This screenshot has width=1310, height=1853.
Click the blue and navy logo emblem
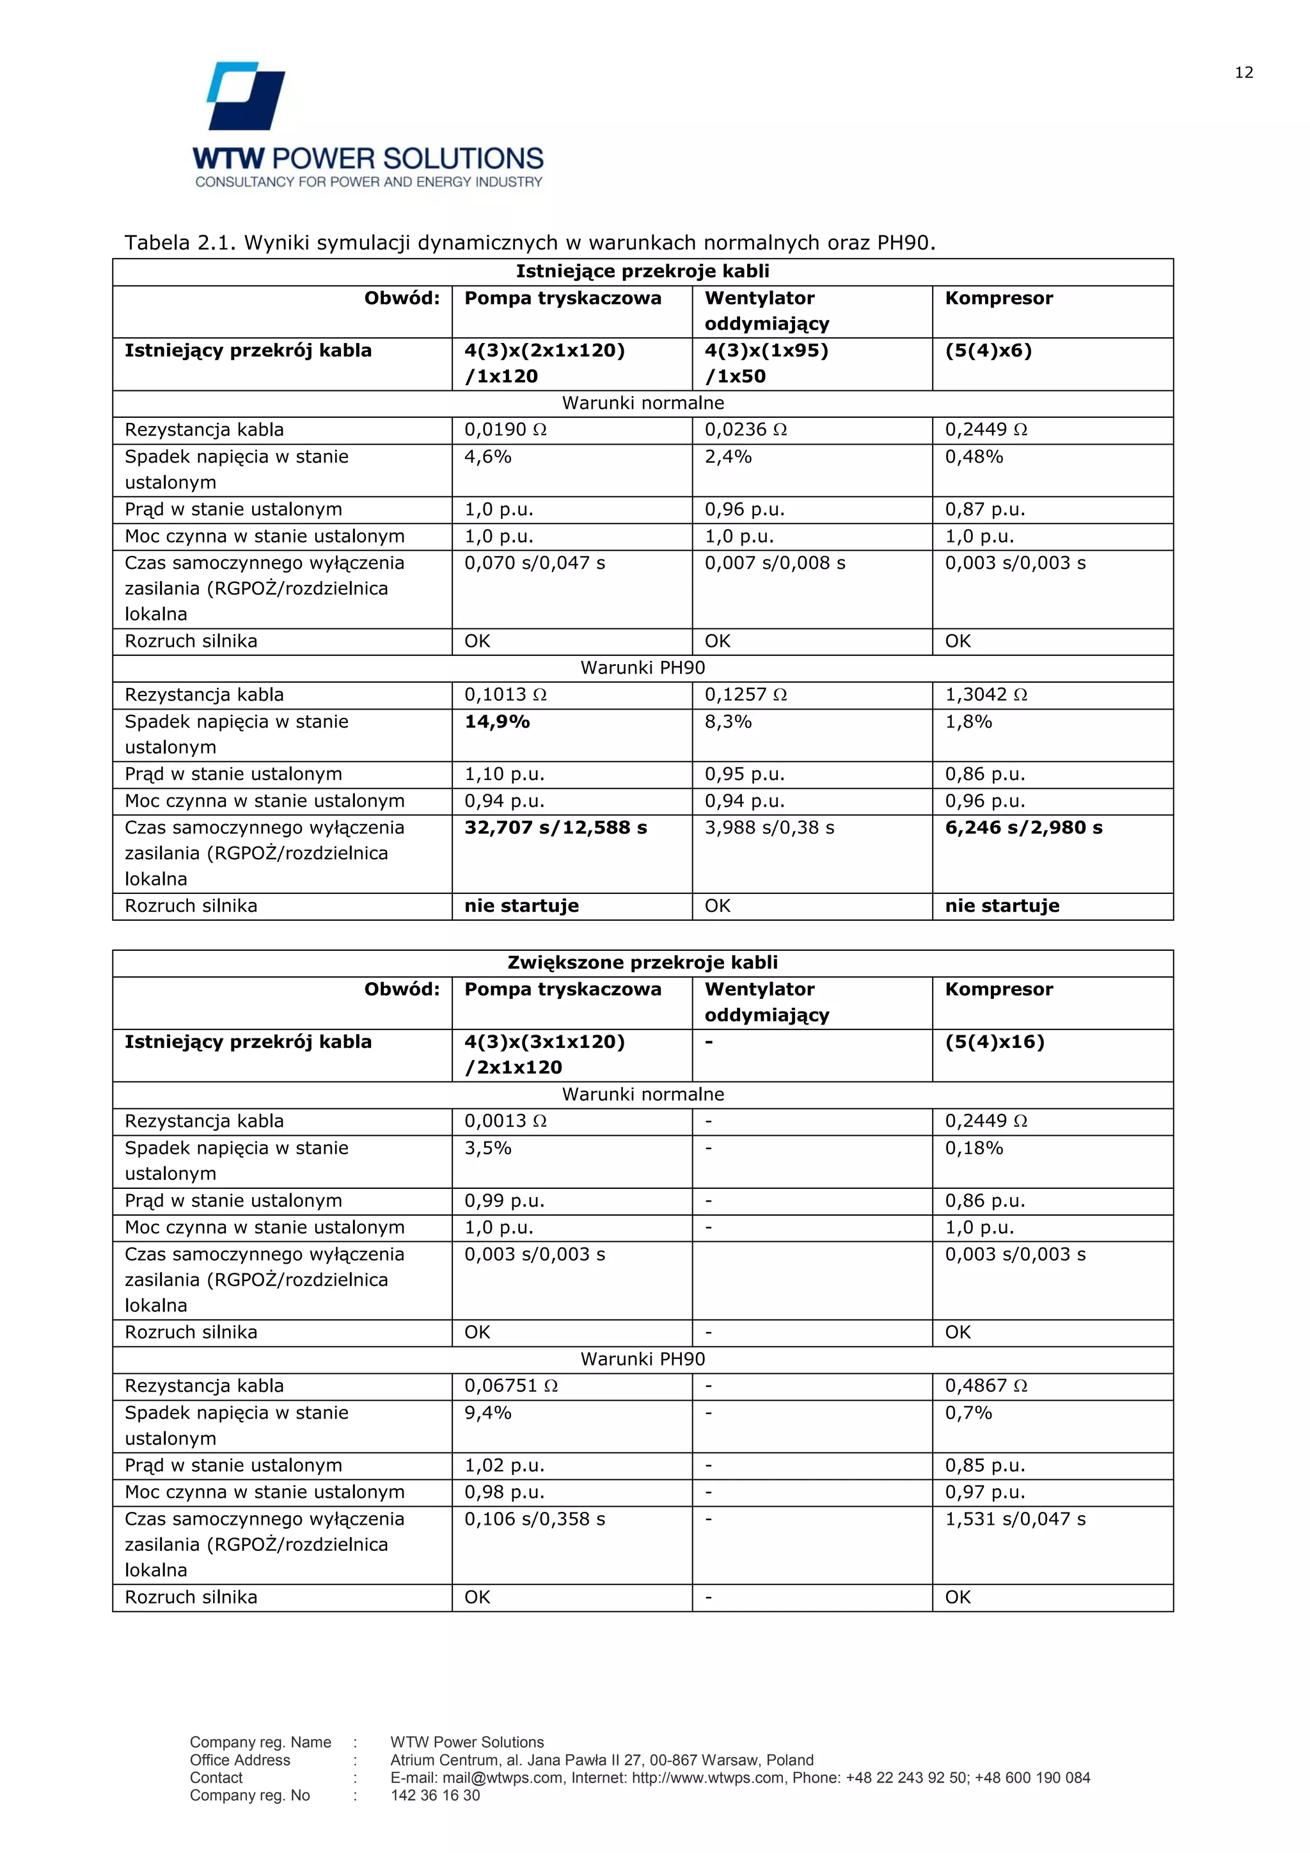click(246, 96)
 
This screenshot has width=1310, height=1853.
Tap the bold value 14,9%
click(497, 722)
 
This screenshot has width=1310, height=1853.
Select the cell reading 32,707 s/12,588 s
click(555, 827)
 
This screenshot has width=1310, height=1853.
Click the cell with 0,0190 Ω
click(505, 429)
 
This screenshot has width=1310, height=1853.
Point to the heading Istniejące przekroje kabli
click(642, 271)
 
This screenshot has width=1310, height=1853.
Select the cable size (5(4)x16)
click(994, 1041)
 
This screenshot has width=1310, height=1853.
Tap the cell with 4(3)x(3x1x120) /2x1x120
click(544, 1054)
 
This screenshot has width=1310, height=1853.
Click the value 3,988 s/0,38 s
click(769, 827)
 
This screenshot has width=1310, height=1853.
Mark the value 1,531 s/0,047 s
click(1014, 1518)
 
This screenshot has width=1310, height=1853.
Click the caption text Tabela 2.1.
click(179, 243)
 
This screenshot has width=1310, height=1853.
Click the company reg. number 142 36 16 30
click(435, 1795)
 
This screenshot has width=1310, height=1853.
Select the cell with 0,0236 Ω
click(745, 429)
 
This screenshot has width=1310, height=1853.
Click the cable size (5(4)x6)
click(988, 350)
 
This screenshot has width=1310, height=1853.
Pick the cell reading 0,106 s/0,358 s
click(534, 1518)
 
